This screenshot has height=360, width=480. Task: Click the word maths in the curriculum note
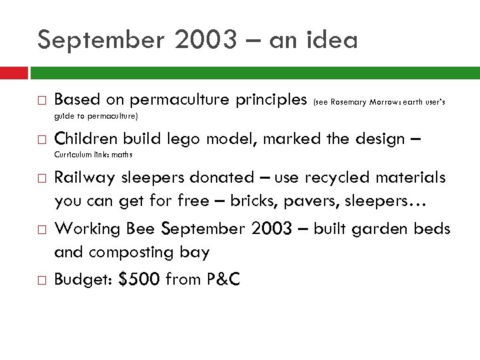pos(122,155)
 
